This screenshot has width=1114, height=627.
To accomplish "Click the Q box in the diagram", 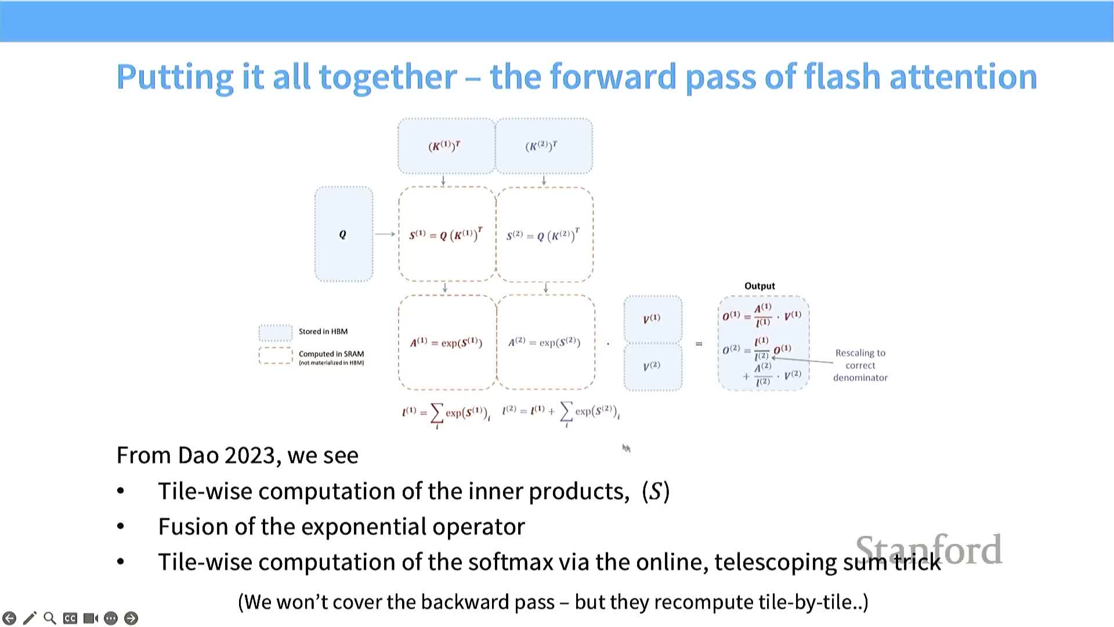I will coord(343,234).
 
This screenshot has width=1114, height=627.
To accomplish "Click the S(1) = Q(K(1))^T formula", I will coord(446,235).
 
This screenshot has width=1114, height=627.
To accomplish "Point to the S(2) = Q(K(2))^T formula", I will coord(543,235).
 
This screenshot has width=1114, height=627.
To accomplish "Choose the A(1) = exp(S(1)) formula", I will coord(446,343).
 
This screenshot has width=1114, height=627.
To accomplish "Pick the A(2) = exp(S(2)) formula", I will coord(544,342).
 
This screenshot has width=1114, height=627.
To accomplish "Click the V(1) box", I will coord(652,319).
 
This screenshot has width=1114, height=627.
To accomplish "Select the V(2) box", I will coord(652,366).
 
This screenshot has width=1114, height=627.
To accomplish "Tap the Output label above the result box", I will coord(759,286).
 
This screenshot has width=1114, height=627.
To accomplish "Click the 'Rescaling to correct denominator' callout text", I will coord(860,365).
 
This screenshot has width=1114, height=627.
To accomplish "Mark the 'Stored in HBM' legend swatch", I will coord(276,332).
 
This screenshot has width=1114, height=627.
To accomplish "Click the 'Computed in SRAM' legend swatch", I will coord(276,355).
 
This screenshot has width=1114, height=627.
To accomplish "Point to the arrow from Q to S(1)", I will coord(385,234).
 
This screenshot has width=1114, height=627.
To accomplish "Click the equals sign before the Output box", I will coord(699,344).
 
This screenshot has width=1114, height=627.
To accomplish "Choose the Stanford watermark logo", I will coord(928,549).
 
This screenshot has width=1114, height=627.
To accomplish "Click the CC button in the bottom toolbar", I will coord(70,618).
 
